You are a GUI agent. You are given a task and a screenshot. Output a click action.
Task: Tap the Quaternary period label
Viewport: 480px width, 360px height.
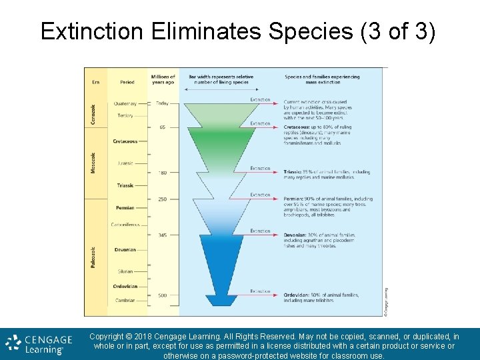(125, 103)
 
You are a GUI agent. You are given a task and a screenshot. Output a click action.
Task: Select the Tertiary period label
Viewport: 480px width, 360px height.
(125, 115)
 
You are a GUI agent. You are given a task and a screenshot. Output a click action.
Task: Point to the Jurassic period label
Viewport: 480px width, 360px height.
(125, 163)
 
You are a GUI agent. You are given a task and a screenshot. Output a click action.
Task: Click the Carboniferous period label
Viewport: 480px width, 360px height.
(125, 225)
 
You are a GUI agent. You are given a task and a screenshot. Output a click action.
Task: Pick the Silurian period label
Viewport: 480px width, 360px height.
(125, 271)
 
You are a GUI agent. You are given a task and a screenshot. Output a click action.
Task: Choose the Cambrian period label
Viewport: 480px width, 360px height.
(125, 301)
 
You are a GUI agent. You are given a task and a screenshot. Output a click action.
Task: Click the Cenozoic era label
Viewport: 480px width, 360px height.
(93, 115)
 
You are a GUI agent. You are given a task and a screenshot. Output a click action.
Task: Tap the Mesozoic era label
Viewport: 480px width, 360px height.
(93, 163)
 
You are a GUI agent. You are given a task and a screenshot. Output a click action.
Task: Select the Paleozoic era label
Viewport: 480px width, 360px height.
(93, 257)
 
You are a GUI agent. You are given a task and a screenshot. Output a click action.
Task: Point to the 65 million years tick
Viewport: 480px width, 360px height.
(162, 127)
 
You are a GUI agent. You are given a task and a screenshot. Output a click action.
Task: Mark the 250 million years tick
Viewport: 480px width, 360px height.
(163, 199)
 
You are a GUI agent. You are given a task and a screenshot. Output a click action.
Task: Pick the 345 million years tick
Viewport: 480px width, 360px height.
(163, 235)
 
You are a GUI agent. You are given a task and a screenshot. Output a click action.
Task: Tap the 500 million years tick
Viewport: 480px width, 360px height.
(163, 295)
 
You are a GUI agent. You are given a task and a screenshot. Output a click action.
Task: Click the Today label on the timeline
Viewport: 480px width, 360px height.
(163, 103)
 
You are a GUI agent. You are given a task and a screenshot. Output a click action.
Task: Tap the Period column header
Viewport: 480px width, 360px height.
(127, 82)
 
